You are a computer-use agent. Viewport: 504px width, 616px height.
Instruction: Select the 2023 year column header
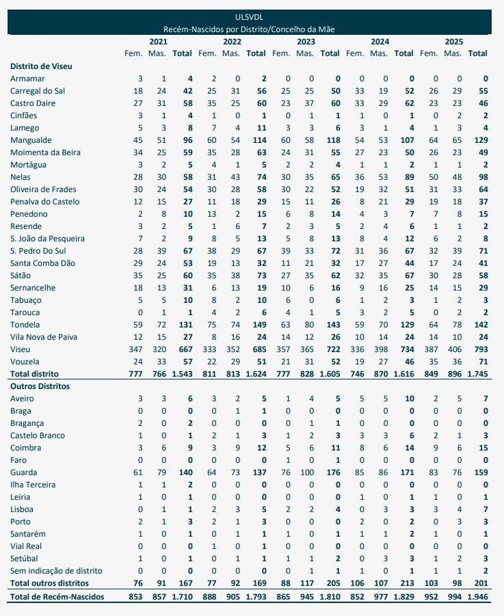306,42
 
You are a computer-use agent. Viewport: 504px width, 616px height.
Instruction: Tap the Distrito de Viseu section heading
41,66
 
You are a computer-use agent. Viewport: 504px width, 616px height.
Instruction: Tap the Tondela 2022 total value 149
256,325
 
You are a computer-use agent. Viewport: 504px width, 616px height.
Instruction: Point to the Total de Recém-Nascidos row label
59,597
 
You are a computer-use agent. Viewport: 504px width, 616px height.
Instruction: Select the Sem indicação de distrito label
56,571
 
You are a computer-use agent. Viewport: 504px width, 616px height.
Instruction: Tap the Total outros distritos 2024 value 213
404,583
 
